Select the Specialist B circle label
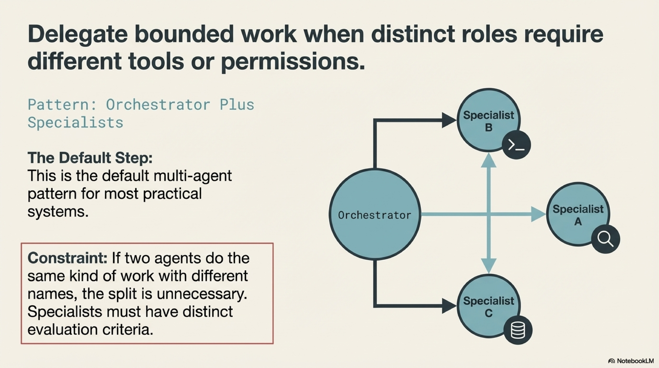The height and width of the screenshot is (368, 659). pos(488,121)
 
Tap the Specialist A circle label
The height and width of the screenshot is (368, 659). pos(578,215)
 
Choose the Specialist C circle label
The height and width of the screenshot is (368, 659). pos(488,307)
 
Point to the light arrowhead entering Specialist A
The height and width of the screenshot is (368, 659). pos(538,214)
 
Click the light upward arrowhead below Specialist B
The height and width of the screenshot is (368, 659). pos(489,161)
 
